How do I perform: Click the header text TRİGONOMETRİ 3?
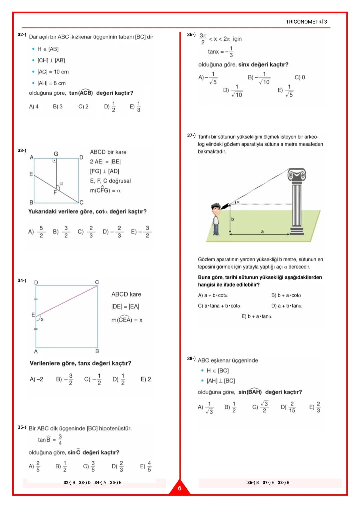(306, 22)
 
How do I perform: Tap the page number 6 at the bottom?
(180, 488)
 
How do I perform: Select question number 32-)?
(22, 35)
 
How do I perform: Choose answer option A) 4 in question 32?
(34, 107)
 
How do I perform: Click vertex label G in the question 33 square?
(56, 153)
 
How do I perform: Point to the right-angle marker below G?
(55, 160)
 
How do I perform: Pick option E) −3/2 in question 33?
(141, 231)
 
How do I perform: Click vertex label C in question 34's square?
(97, 282)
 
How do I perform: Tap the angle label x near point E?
(42, 320)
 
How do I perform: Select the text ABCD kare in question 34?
(126, 294)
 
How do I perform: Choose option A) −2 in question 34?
(36, 380)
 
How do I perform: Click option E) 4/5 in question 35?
(145, 466)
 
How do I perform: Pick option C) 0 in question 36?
(300, 77)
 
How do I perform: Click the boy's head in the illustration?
(216, 209)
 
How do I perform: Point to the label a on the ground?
(262, 231)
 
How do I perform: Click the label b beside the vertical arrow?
(233, 219)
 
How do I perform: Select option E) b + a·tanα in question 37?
(256, 316)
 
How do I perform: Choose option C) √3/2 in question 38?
(260, 407)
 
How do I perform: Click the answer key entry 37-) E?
(268, 483)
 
